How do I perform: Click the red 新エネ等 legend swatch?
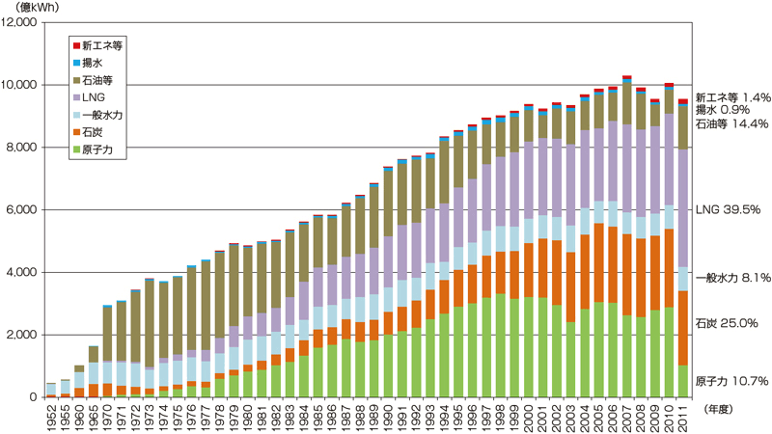76,44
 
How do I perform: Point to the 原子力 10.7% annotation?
731,382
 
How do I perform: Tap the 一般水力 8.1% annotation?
731,277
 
